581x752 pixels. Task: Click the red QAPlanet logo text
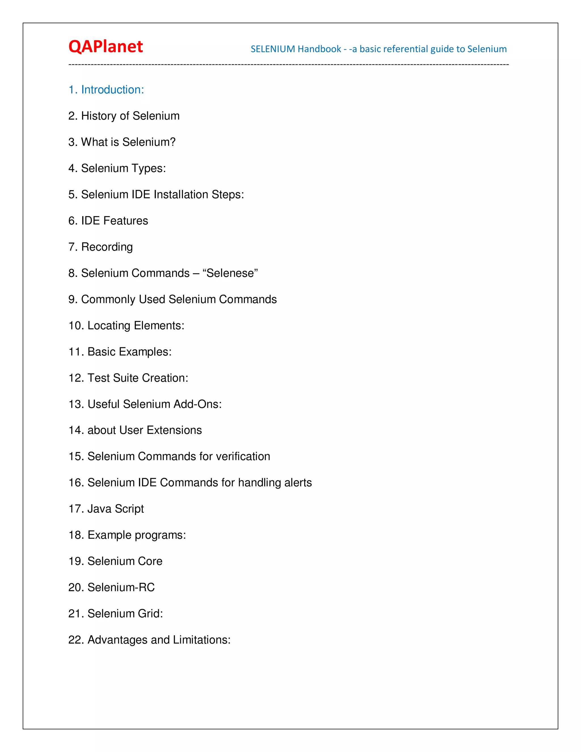pyautogui.click(x=106, y=47)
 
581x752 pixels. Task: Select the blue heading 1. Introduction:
pyautogui.click(x=106, y=90)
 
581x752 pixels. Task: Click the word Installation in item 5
pyautogui.click(x=181, y=195)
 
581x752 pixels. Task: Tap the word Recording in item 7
pyautogui.click(x=107, y=247)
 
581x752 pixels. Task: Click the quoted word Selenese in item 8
pyautogui.click(x=230, y=273)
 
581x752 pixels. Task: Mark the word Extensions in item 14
pyautogui.click(x=174, y=430)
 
